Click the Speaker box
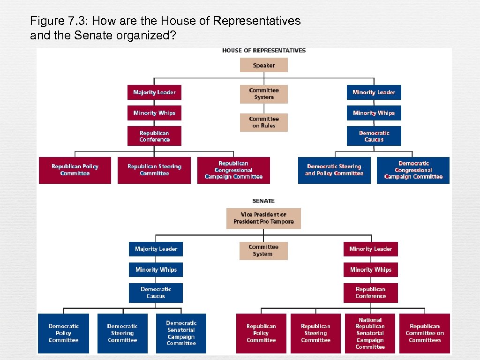263,65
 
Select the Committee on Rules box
263,122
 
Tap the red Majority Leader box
154,92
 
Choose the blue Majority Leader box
156,249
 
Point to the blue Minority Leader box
374,92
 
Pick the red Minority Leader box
370,249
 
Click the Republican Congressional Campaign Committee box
233,170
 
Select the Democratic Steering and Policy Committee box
334,170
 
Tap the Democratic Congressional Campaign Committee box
413,170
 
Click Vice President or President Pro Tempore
263,218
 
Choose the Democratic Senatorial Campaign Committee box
181,333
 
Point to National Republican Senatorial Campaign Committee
370,333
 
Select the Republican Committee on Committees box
424,333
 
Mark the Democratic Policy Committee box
63,333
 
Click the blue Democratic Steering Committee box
122,333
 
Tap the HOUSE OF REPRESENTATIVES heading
263,51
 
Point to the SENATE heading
263,201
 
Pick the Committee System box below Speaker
263,94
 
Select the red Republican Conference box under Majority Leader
154,136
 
